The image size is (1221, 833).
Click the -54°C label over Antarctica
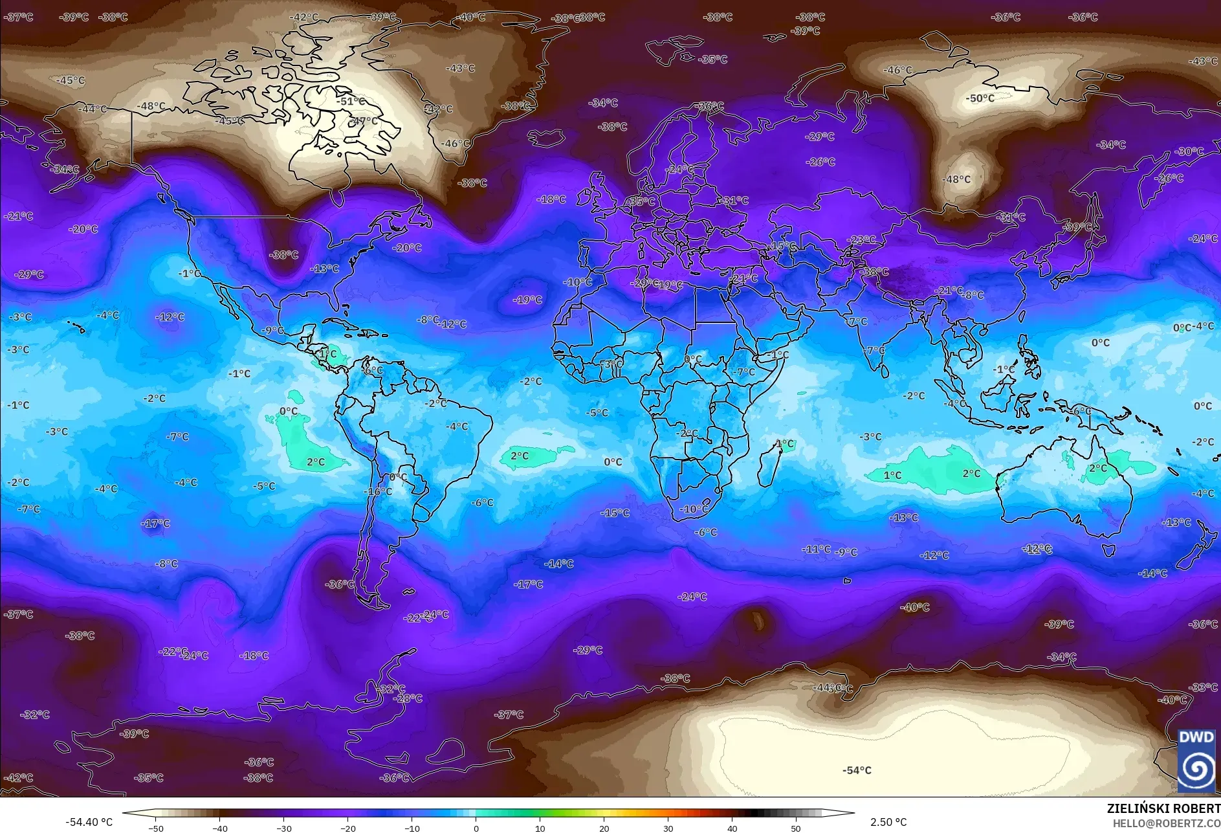(857, 770)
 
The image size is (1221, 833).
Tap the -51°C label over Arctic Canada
(351, 101)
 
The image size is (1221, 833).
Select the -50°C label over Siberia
(980, 98)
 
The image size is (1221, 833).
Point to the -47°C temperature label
(364, 121)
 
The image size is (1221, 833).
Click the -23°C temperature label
(862, 239)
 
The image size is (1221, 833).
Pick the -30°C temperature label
(1190, 151)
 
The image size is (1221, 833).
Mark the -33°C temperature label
(1204, 687)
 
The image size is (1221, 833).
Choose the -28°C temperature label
(408, 698)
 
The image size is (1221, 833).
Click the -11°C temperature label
(817, 549)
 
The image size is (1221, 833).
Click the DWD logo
(1196, 761)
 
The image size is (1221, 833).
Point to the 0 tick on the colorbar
(476, 828)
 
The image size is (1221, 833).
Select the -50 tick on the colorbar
(156, 828)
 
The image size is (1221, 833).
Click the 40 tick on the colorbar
(732, 828)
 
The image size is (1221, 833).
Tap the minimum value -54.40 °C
(89, 822)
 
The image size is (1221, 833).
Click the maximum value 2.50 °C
(888, 822)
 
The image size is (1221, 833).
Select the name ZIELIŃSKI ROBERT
(1163, 808)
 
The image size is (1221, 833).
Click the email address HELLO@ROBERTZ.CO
(1166, 823)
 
